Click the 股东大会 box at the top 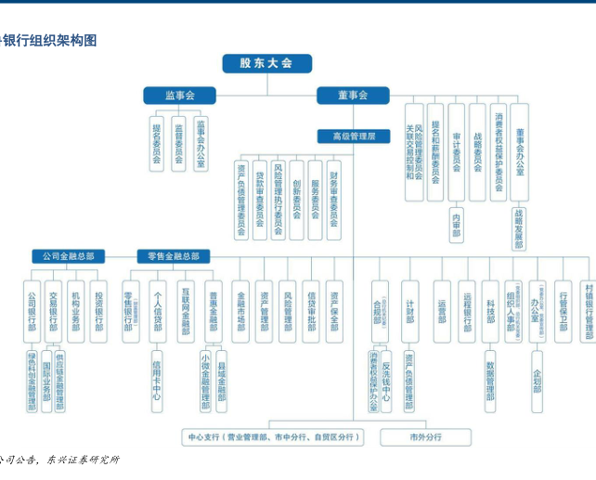[x=266, y=63]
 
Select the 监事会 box [x=179, y=96]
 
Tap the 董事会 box [x=352, y=96]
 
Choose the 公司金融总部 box [x=68, y=256]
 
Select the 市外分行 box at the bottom [x=426, y=436]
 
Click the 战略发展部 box [x=519, y=227]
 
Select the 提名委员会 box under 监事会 [x=156, y=144]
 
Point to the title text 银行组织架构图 [x=50, y=41]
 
